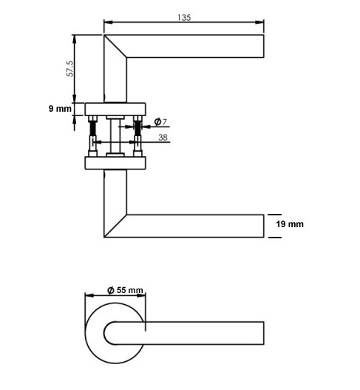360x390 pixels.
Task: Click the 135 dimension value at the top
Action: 184,17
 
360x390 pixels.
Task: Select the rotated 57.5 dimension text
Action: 69,69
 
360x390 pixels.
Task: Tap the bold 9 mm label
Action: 61,109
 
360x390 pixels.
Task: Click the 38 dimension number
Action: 163,138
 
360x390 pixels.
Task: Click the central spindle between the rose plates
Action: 115,136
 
